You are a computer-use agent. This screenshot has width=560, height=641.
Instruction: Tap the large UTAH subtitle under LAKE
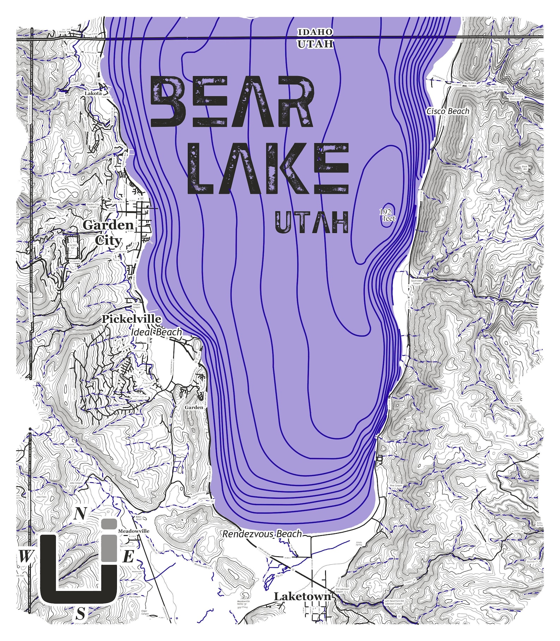tap(312, 222)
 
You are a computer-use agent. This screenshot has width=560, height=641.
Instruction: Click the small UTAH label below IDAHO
tap(315, 44)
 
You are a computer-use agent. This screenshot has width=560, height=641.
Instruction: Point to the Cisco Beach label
tap(448, 111)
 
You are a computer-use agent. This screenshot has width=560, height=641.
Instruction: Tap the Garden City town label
tap(108, 232)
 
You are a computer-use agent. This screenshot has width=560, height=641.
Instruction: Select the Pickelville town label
tap(131, 319)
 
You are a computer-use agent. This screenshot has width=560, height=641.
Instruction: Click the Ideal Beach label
tap(156, 332)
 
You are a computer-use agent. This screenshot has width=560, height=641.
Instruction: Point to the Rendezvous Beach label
tap(262, 534)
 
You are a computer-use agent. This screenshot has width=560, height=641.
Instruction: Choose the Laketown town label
tap(303, 597)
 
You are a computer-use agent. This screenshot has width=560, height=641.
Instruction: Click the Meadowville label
tap(134, 531)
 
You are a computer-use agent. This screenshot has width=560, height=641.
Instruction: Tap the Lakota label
tap(93, 93)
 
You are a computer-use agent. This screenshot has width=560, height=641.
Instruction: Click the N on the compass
tap(80, 514)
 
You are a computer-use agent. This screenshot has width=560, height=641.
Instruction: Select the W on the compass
tap(24, 557)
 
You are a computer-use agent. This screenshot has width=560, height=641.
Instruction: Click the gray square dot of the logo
tap(109, 524)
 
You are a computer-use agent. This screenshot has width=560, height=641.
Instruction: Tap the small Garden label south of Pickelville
tap(194, 407)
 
